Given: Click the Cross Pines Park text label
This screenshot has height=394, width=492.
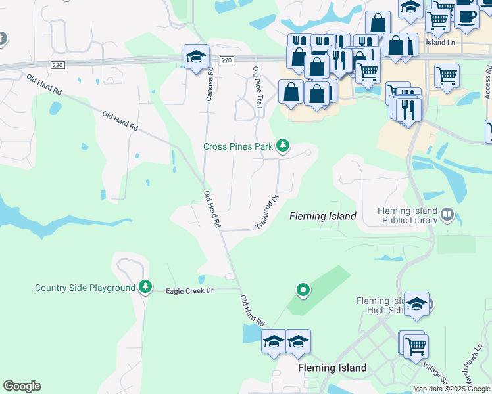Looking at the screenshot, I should point(237,146).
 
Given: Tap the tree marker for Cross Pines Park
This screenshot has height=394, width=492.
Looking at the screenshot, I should point(283,145).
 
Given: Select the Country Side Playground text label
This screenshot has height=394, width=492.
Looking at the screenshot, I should point(85,288).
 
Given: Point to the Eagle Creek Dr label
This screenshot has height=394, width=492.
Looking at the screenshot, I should point(189,290).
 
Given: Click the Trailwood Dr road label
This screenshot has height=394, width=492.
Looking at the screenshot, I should point(268,211).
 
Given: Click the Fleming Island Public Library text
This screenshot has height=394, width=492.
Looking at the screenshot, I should point(407,215).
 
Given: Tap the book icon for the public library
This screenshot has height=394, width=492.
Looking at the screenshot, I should point(447,214).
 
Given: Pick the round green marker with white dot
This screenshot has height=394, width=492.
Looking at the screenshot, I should point(303,289).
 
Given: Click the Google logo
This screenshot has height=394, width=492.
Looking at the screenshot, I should point(22,386).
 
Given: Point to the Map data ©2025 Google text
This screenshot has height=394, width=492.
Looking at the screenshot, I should point(452,389).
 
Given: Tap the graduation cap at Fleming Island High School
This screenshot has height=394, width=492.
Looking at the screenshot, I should point(416,305).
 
